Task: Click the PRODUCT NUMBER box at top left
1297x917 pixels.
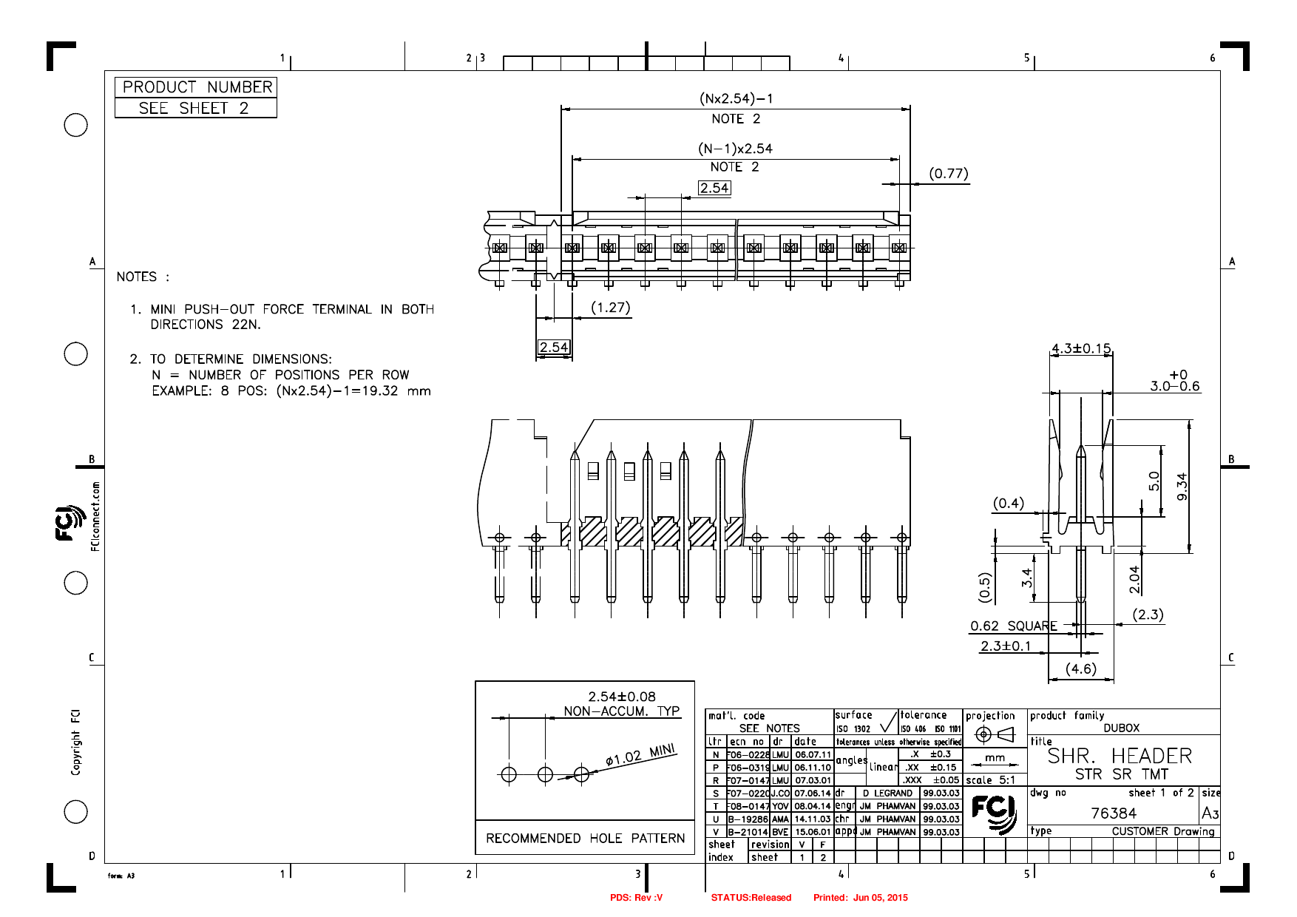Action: (x=196, y=87)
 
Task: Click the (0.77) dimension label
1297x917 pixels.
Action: (x=948, y=174)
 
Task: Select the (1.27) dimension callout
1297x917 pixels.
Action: (x=610, y=308)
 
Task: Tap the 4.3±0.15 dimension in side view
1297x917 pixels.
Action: (x=1080, y=348)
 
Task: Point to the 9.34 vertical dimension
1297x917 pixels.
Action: (x=1182, y=486)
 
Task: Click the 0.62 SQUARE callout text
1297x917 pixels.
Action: (x=1013, y=626)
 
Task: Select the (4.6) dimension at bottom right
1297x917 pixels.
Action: (x=1080, y=669)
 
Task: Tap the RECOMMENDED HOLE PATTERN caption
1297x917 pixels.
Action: (x=585, y=838)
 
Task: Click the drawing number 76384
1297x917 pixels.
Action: (x=1113, y=813)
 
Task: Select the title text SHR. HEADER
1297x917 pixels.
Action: (x=1120, y=757)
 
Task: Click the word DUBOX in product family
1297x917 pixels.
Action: (x=1121, y=728)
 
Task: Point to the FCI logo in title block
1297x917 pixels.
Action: (x=994, y=813)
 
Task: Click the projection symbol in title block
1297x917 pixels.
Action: (x=994, y=734)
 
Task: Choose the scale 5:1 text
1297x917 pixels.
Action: (x=990, y=780)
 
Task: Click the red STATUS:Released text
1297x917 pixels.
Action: (x=751, y=898)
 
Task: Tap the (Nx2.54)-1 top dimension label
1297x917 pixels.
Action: (x=736, y=98)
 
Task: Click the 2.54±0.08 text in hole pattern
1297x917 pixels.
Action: (x=621, y=697)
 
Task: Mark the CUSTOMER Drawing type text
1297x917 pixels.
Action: (x=1162, y=831)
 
